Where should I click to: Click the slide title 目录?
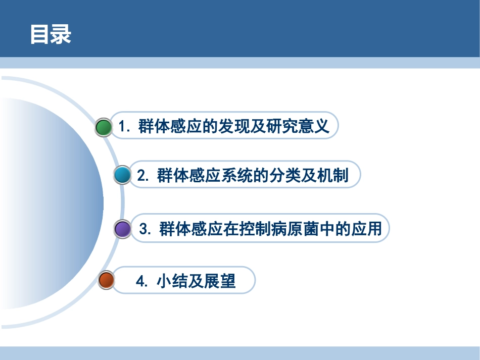point(51,35)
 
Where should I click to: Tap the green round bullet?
point(104,127)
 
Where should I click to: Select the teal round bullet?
point(122,175)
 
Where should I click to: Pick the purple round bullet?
point(122,229)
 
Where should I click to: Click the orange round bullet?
point(107,280)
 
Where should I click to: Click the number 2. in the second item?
point(143,175)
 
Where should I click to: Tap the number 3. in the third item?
point(146,229)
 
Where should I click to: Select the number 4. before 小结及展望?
point(142,281)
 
